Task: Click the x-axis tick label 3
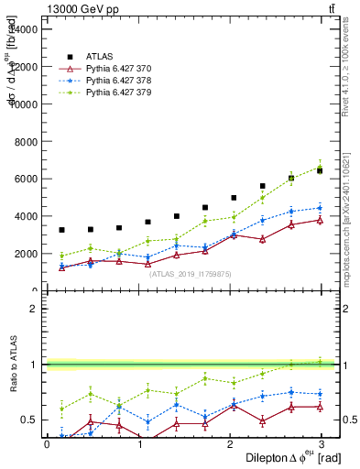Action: (x=321, y=444)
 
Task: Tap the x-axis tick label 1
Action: (x=139, y=444)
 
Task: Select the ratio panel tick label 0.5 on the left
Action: (x=29, y=420)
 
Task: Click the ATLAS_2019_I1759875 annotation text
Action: (x=191, y=274)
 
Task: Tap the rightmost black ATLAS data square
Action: (x=320, y=170)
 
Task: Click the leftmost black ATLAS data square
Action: (x=61, y=230)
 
